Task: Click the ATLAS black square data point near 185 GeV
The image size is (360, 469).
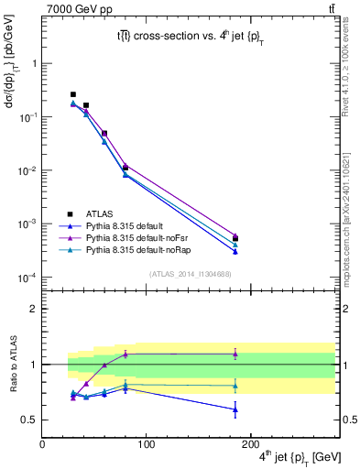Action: pos(235,239)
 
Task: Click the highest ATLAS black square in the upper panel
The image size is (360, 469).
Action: pos(73,94)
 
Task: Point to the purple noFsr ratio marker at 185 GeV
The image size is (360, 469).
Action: pos(235,354)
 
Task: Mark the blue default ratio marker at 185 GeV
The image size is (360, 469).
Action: pos(235,409)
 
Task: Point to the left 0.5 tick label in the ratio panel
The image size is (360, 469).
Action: pos(29,420)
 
